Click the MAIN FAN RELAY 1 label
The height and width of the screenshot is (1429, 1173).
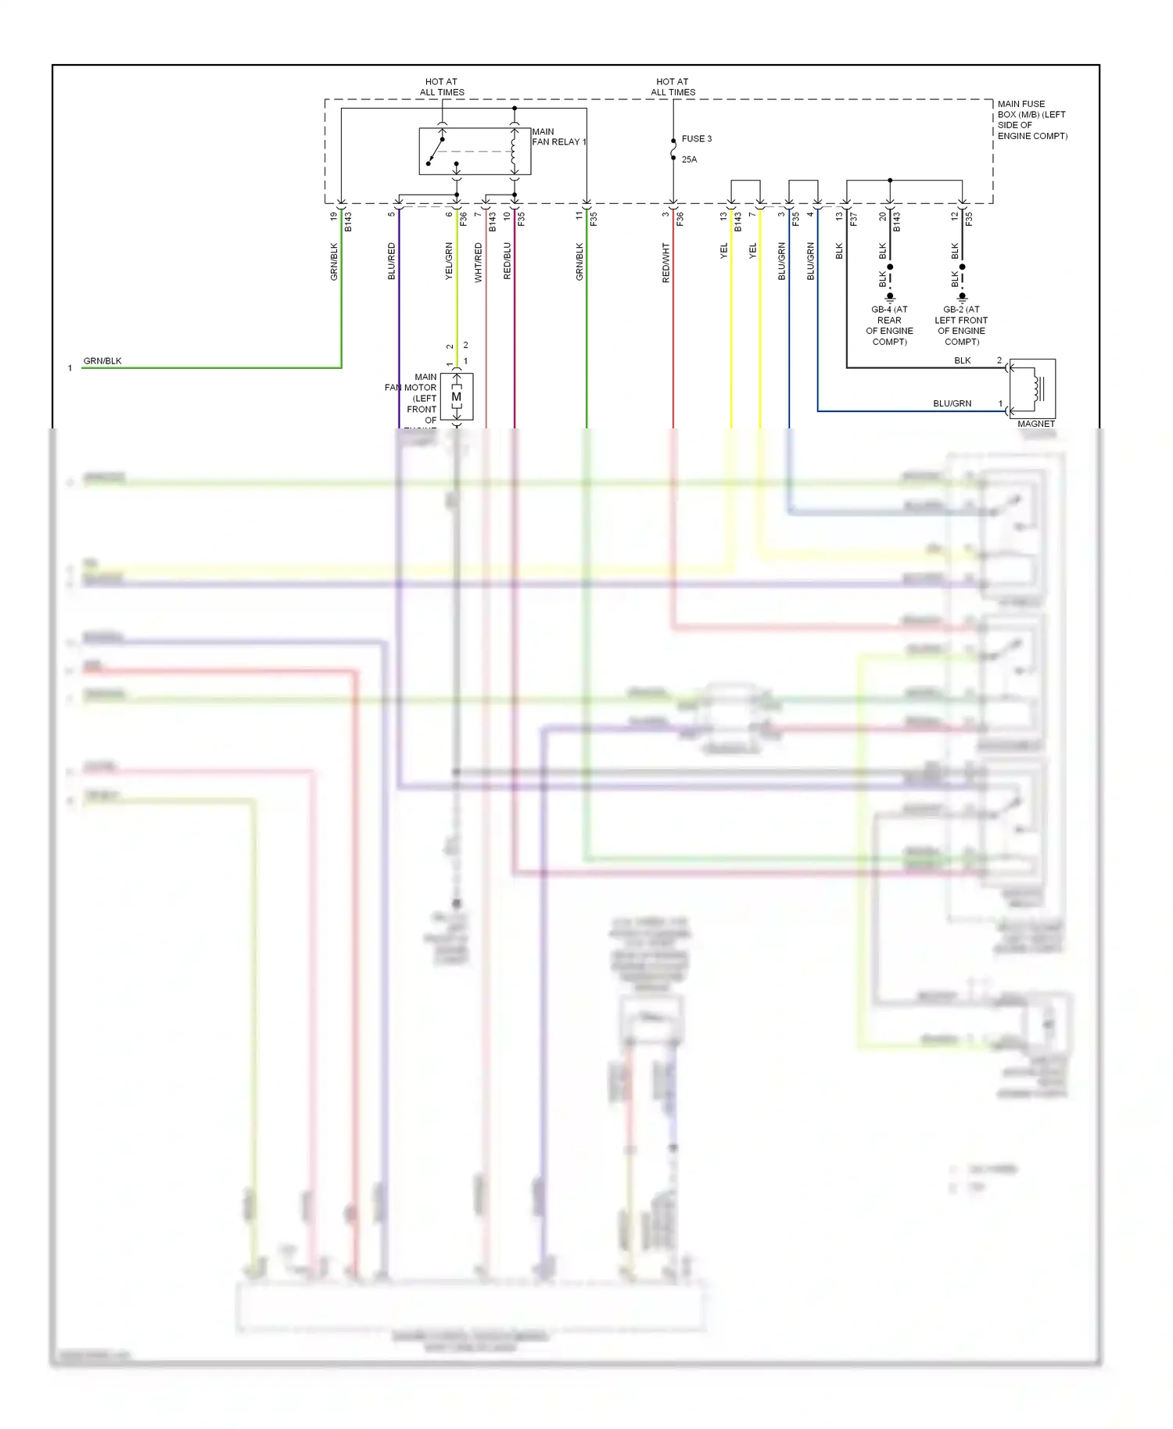558,137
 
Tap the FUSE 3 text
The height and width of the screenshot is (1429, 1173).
696,139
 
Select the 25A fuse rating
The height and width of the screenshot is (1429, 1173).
689,159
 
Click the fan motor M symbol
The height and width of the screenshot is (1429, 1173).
457,397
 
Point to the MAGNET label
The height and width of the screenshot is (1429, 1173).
1036,424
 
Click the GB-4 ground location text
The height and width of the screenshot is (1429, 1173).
889,325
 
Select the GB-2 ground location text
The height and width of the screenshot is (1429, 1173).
961,325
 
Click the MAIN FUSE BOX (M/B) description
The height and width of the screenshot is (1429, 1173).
1032,120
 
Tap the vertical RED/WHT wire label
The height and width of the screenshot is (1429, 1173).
666,263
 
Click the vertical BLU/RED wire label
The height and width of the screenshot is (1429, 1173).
392,261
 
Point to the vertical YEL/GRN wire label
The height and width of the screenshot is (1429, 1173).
449,261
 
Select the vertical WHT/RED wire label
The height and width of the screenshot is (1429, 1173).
479,263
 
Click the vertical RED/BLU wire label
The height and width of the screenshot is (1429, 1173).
508,261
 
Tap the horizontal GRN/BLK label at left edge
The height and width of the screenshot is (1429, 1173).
102,361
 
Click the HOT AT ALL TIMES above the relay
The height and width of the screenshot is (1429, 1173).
442,87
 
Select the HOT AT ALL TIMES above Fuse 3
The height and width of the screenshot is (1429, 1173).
673,87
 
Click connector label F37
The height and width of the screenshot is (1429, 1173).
854,220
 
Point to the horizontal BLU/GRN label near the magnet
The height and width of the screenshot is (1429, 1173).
952,404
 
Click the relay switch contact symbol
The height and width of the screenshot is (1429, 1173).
436,152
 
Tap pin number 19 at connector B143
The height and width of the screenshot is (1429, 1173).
334,216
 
